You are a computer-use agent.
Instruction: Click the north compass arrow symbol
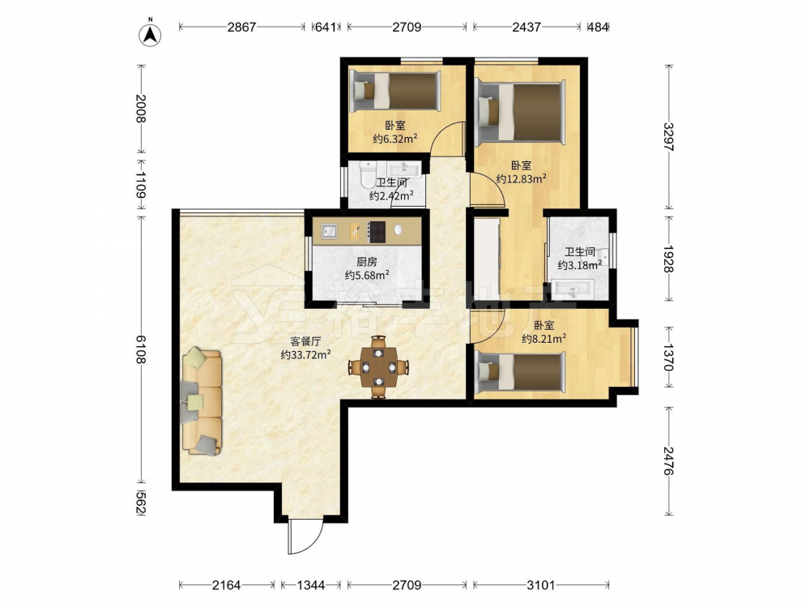pos(151,34)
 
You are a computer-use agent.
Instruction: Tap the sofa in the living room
pos(202,402)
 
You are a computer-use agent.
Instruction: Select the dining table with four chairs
pos(378,367)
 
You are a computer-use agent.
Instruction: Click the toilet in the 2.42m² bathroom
pos(369,175)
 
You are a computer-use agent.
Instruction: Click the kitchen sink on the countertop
pos(330,232)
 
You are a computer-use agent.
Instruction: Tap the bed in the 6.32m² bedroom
pos(395,92)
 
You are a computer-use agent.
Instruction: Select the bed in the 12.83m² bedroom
pos(520,111)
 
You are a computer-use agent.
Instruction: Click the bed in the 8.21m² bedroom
pos(520,371)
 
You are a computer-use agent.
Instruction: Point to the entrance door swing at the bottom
pos(306,536)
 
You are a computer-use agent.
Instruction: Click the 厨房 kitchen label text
pos(367,262)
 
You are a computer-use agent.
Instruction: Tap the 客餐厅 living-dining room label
pos(306,341)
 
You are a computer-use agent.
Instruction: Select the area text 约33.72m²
pos(306,355)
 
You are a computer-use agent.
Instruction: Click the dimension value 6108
pos(140,349)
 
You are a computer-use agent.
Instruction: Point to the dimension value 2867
pos(241,27)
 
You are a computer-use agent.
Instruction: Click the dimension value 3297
pos(669,137)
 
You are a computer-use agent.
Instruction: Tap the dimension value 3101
pos(540,585)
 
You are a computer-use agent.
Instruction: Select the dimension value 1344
pos(311,585)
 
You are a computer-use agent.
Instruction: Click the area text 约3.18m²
pos(580,265)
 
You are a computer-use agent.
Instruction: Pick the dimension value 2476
pos(669,460)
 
